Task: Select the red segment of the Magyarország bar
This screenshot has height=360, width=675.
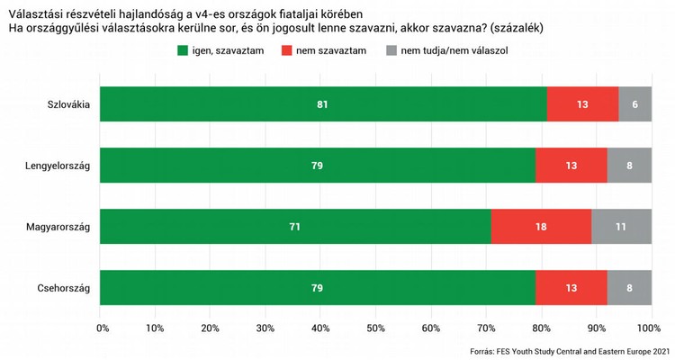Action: click(x=540, y=227)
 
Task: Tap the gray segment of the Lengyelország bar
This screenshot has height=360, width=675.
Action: click(x=629, y=166)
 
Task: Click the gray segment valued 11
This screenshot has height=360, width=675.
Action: click(x=621, y=227)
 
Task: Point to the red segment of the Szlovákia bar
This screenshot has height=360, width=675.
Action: click(x=582, y=104)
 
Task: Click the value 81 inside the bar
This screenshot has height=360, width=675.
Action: click(x=322, y=104)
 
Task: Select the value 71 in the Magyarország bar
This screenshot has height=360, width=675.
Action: click(x=294, y=227)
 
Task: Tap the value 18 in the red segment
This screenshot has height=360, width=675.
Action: click(x=541, y=227)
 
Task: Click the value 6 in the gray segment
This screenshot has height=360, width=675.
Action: click(x=635, y=104)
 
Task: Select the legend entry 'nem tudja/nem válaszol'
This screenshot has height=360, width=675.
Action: click(x=455, y=51)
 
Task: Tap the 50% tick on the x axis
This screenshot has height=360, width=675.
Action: click(x=376, y=327)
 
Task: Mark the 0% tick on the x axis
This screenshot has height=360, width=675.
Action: click(x=102, y=327)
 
